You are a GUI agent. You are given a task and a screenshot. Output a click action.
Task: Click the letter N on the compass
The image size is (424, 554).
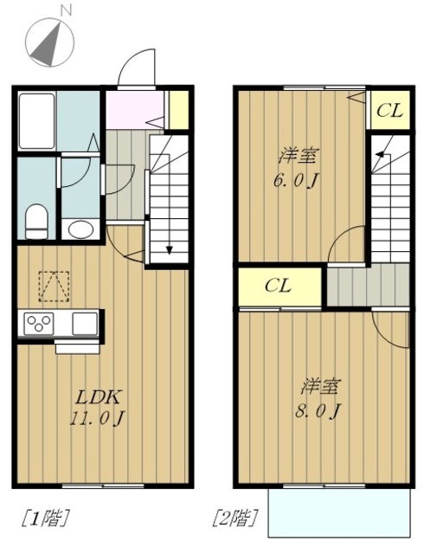tap(66, 11)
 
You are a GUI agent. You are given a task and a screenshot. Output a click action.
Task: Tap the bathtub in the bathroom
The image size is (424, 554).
tap(36, 121)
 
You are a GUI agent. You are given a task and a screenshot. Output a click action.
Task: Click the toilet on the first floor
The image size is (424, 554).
tap(36, 222)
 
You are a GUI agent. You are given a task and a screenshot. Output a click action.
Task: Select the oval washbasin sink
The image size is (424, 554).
tap(80, 229)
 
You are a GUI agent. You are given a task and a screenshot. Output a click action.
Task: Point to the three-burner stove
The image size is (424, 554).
tap(39, 324)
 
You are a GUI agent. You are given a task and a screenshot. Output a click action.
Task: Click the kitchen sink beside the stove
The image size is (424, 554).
tap(85, 324)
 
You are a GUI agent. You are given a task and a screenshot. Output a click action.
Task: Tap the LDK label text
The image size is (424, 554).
tap(100, 397)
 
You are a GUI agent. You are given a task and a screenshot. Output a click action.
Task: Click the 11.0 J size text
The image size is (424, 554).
tap(97, 419)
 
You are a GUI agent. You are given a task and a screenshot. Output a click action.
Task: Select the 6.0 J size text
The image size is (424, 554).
tap(296, 182)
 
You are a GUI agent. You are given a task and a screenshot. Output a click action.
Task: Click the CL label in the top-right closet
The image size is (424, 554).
tap(389, 111)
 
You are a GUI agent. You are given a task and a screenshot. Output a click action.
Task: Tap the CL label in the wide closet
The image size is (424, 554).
tap(279, 286)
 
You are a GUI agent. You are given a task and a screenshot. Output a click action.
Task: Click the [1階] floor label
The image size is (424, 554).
tap(45, 518)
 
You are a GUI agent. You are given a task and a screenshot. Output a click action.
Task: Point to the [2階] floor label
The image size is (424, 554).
tap(235, 518)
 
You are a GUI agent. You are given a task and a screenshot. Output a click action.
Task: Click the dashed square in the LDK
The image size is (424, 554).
tap(54, 287)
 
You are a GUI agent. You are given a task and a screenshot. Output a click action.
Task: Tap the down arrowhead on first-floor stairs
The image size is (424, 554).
tap(170, 250)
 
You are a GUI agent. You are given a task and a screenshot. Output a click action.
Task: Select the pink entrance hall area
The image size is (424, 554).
tap(135, 110)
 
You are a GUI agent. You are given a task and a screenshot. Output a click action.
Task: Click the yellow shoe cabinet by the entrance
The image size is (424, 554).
tap(179, 110)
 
